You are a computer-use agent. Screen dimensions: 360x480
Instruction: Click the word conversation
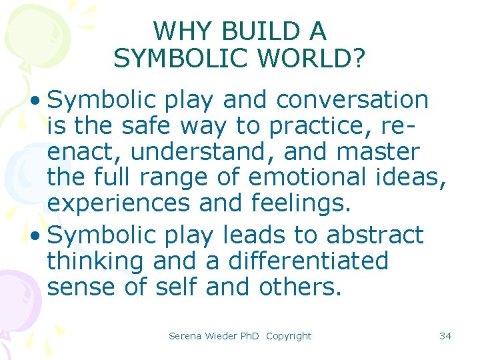pos(352,100)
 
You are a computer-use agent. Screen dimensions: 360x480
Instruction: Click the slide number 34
pos(445,336)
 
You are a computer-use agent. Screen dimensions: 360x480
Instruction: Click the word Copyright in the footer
pos(288,336)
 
